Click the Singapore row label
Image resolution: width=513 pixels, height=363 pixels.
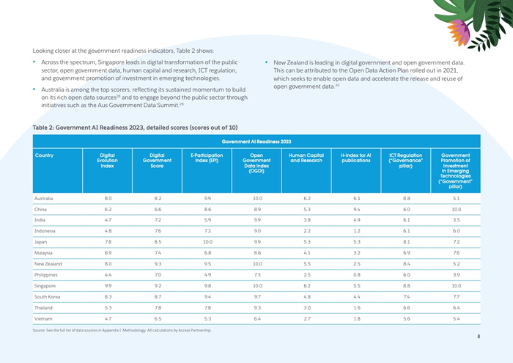[x=46, y=285]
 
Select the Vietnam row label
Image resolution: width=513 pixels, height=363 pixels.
[x=44, y=319]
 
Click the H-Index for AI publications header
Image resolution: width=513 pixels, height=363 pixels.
[x=356, y=158]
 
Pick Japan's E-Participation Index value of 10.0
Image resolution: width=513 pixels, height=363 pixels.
[x=207, y=241]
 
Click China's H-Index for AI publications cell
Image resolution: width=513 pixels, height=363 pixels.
[x=356, y=209]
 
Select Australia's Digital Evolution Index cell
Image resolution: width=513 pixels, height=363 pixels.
[x=108, y=198]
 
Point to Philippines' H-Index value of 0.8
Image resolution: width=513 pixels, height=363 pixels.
[x=356, y=274]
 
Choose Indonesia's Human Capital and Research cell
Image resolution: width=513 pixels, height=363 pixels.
[x=306, y=230]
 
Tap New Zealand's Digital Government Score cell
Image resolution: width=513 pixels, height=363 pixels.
[x=157, y=263]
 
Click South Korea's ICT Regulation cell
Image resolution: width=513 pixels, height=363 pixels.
[x=406, y=296]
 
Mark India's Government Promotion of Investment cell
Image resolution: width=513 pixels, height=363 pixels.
[x=456, y=219]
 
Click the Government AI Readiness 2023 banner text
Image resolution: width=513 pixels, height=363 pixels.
[x=256, y=141]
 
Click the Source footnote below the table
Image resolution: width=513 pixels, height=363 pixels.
[x=122, y=331]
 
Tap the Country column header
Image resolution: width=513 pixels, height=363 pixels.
[x=44, y=155]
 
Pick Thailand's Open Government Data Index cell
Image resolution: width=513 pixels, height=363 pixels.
[x=256, y=308]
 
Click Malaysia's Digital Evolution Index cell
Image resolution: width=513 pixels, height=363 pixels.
[x=108, y=252]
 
